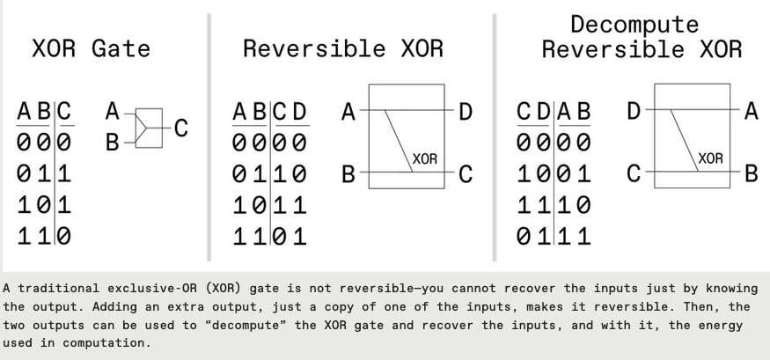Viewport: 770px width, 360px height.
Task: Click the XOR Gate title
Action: pos(91,48)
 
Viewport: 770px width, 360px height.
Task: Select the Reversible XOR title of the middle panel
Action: pos(343,48)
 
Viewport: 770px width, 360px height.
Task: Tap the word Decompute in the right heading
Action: pos(634,24)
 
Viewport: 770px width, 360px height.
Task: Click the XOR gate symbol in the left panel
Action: pos(149,127)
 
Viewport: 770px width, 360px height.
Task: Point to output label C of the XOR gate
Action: pos(181,129)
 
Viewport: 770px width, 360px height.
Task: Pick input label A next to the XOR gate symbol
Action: pos(112,112)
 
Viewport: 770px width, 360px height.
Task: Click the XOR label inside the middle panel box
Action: pos(425,159)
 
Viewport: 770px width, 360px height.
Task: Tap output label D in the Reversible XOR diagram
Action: pos(466,112)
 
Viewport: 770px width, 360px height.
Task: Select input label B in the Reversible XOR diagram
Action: pos(348,174)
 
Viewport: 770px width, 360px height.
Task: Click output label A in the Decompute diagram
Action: pos(751,112)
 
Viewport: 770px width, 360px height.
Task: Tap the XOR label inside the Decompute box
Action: pos(710,159)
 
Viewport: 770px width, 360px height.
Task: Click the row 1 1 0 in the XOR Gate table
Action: pos(44,236)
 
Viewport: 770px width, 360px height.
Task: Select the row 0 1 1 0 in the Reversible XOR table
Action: pos(270,174)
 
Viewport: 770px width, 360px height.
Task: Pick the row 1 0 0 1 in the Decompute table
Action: pos(554,174)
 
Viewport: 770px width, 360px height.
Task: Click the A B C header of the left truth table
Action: pos(44,113)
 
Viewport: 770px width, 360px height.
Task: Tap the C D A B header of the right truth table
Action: pos(554,113)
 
